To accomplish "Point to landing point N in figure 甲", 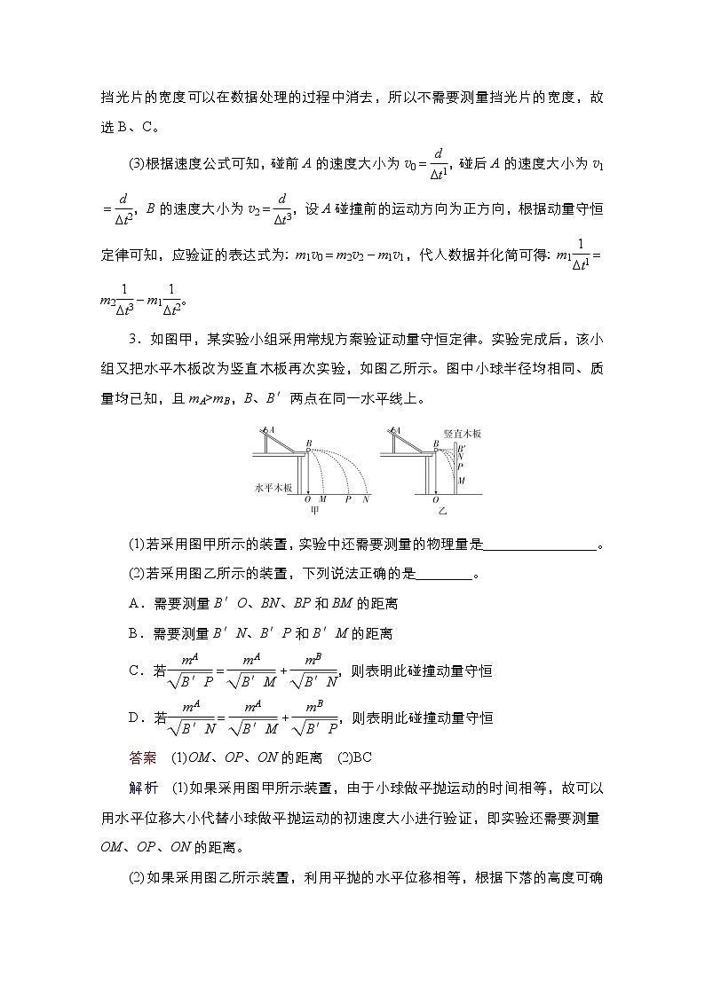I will tap(365, 499).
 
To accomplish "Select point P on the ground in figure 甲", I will tap(348, 499).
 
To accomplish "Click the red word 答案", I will tap(142, 757).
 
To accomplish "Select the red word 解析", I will tap(142, 786).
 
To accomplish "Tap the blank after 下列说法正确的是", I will tap(444, 574).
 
